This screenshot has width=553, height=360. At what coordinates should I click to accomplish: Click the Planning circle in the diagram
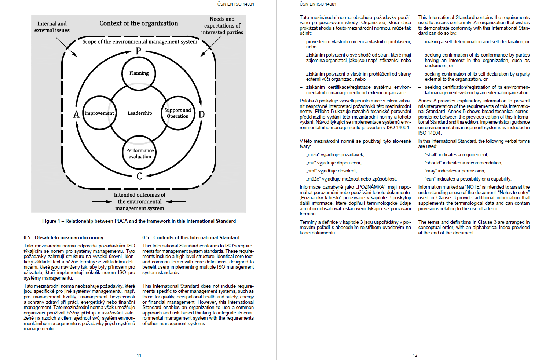[139, 73]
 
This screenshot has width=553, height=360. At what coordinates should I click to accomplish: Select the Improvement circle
[99, 113]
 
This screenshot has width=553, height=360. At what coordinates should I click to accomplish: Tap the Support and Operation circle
[177, 113]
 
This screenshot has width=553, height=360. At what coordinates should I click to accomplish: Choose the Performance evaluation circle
[139, 153]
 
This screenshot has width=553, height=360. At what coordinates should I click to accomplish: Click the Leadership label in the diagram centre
[140, 113]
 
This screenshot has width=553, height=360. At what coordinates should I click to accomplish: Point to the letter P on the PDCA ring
[138, 51]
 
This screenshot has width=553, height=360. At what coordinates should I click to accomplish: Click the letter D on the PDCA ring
[201, 114]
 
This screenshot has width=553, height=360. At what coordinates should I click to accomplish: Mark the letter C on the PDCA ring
[139, 177]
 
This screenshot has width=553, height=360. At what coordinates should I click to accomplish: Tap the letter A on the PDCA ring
[76, 114]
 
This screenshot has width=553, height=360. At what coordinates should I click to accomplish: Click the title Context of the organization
[139, 23]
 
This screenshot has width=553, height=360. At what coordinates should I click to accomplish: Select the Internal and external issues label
[52, 27]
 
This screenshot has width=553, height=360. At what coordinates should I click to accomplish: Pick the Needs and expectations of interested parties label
[222, 26]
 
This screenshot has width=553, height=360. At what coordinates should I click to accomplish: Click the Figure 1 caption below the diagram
[139, 221]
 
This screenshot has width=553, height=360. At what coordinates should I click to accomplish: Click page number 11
[139, 355]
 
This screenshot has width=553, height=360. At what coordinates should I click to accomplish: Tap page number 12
[415, 355]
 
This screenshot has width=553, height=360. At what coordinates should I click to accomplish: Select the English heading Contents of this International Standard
[196, 237]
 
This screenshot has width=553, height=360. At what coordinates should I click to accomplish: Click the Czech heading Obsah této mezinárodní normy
[69, 237]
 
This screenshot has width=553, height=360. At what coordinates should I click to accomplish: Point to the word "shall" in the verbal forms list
[431, 155]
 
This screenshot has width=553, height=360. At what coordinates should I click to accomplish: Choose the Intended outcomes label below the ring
[140, 201]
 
